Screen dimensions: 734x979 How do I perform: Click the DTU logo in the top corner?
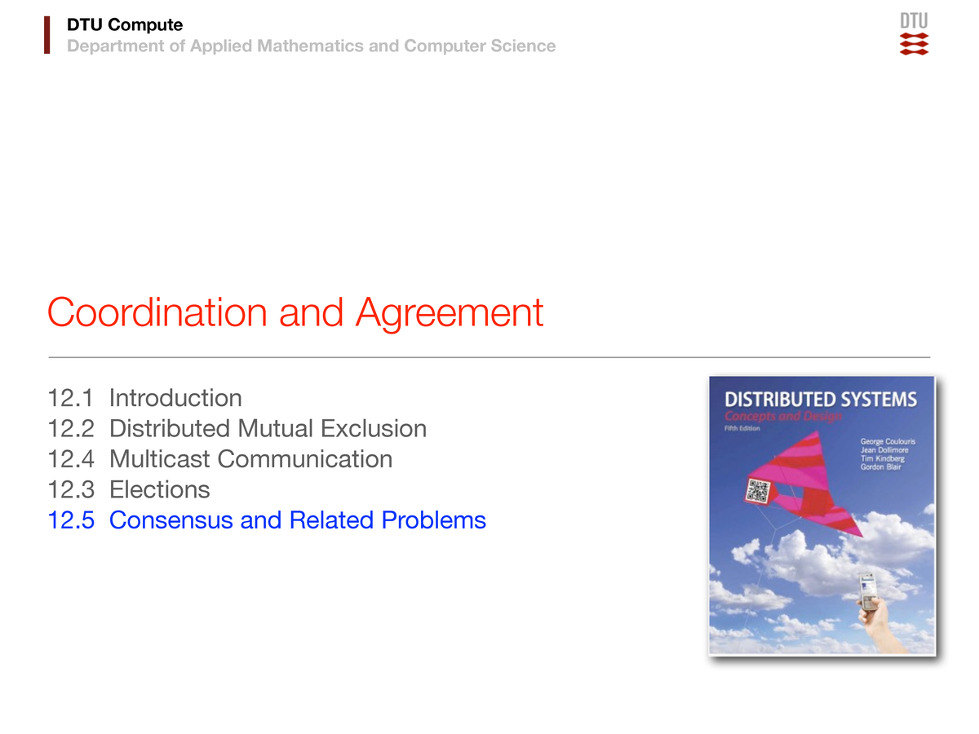click(914, 33)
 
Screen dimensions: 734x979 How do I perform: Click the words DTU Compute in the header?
click(125, 25)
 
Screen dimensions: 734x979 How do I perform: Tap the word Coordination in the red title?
click(157, 312)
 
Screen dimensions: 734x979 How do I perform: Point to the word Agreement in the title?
click(449, 312)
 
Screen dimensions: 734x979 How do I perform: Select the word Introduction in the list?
click(175, 398)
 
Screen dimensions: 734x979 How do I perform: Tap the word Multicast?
click(160, 459)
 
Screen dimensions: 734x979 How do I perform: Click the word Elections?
click(159, 489)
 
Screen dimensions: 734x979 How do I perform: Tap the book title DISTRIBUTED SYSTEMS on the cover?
click(820, 400)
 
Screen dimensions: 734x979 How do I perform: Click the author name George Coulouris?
click(888, 441)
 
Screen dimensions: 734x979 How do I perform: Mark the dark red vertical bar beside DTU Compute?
click(47, 35)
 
